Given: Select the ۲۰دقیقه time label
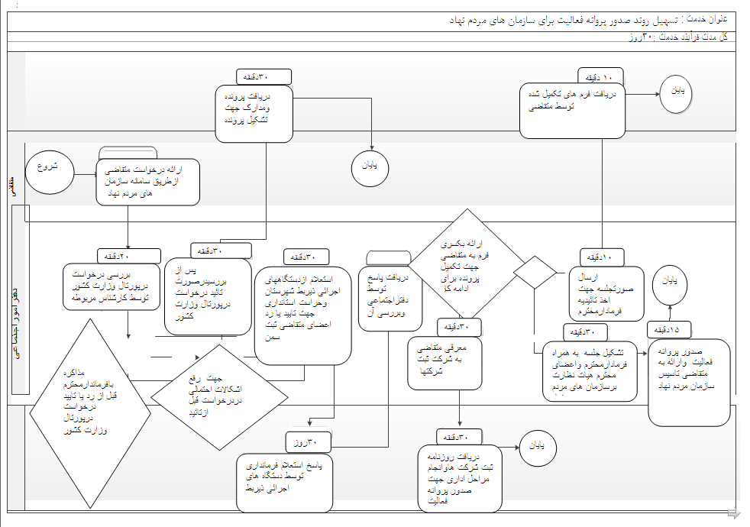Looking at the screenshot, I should pyautogui.click(x=129, y=256).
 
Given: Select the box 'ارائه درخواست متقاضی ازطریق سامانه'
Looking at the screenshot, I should pyautogui.click(x=148, y=181).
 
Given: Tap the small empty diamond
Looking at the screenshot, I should pyautogui.click(x=535, y=271).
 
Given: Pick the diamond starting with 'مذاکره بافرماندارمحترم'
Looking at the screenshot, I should pyautogui.click(x=90, y=413).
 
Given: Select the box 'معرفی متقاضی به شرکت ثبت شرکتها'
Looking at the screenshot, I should pyautogui.click(x=446, y=364).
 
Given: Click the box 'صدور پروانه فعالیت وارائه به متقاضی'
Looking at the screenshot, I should pyautogui.click(x=689, y=382).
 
